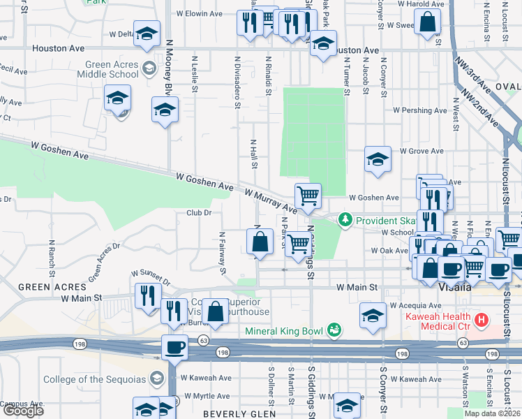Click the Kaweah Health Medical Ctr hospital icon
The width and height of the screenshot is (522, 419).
point(480,322)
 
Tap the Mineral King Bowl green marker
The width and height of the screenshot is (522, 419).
point(334,328)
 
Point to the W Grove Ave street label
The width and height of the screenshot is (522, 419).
point(421,151)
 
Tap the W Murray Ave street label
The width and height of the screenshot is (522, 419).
point(271,198)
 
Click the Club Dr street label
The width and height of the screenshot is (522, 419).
point(199,212)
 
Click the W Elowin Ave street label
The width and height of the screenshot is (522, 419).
point(199,13)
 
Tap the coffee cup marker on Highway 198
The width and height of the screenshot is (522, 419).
point(174,346)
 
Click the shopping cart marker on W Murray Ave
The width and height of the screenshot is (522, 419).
point(308,195)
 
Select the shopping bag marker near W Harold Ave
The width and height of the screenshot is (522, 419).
point(427,22)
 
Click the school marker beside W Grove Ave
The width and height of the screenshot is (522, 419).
point(378,159)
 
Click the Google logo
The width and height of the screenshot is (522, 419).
point(22,411)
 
